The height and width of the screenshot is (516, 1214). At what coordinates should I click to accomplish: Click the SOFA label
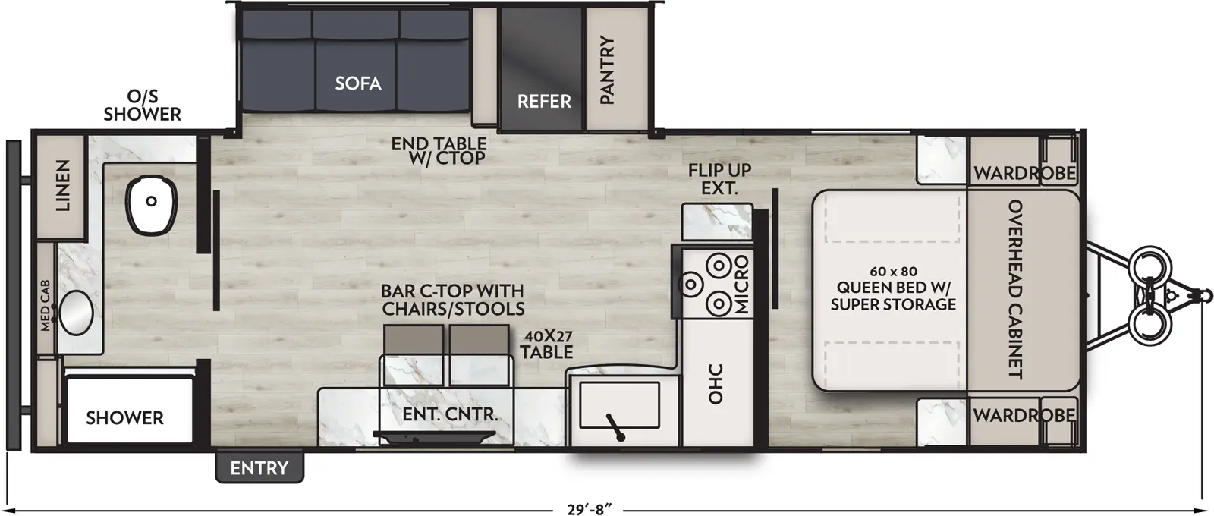358,83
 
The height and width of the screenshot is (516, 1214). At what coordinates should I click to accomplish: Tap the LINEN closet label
62,185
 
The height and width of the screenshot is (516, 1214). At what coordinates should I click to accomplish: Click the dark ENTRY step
259,468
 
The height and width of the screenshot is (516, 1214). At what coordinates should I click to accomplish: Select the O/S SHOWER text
143,105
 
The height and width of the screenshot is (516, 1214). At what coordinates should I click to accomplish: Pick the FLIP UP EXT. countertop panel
717,222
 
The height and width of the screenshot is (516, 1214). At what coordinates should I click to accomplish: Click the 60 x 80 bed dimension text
893,271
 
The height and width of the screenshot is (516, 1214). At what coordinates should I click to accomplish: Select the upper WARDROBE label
1024,173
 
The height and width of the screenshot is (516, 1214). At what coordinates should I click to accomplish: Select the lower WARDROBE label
1024,415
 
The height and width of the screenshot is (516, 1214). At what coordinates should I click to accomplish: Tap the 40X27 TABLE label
546,343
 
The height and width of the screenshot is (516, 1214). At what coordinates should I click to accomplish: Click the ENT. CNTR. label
449,415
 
